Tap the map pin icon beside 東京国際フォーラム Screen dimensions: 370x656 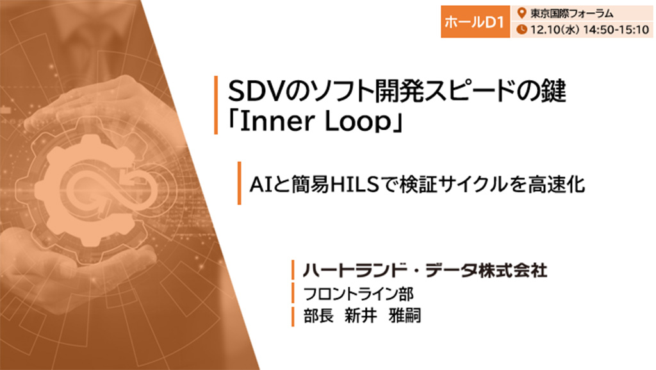521,13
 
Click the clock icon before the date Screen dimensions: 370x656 521,29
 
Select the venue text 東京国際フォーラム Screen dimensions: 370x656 571,13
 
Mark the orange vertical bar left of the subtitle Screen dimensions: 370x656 239,183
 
